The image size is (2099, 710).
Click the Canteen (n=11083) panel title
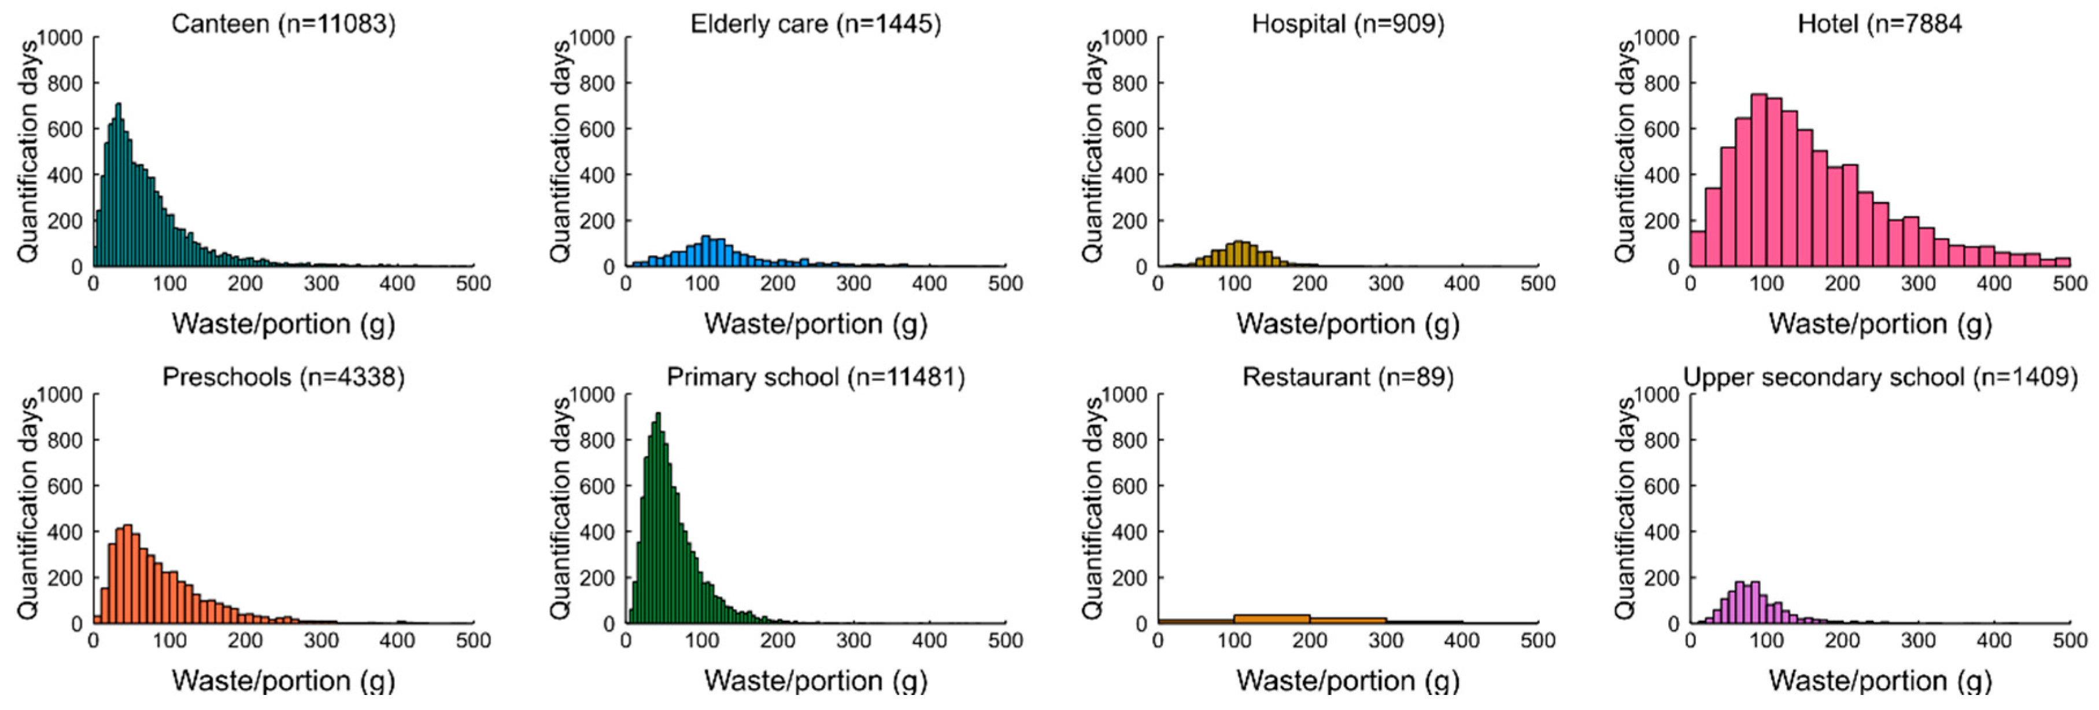(x=283, y=24)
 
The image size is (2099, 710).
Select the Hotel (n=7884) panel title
(x=1879, y=24)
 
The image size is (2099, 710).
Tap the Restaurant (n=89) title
(x=1348, y=377)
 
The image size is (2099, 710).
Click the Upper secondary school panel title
(x=1880, y=377)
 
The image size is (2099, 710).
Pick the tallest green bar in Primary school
(x=659, y=522)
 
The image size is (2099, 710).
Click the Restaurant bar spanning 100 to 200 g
(x=1272, y=619)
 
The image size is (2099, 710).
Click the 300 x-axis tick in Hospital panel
(x=1385, y=284)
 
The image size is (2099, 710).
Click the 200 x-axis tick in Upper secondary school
(x=1842, y=641)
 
